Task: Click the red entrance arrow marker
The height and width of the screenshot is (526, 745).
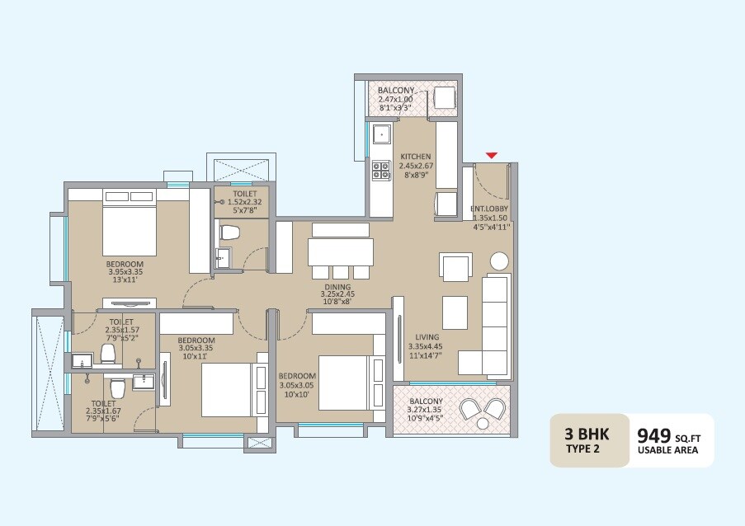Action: point(492,154)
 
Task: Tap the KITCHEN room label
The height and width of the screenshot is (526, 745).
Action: point(416,157)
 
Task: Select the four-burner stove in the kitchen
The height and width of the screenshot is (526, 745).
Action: point(380,170)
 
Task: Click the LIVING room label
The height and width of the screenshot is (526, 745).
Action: point(427,337)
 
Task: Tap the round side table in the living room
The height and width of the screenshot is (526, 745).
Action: point(499,261)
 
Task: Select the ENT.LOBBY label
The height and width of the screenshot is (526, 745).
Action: point(490,209)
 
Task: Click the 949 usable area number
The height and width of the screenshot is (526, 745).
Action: point(654,434)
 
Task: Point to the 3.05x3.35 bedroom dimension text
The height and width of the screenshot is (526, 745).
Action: point(196,348)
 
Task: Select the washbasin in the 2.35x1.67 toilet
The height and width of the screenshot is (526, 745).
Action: point(143,381)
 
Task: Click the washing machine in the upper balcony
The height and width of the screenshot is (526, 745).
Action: point(445,96)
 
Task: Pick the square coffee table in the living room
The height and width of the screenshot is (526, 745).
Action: point(455,312)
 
